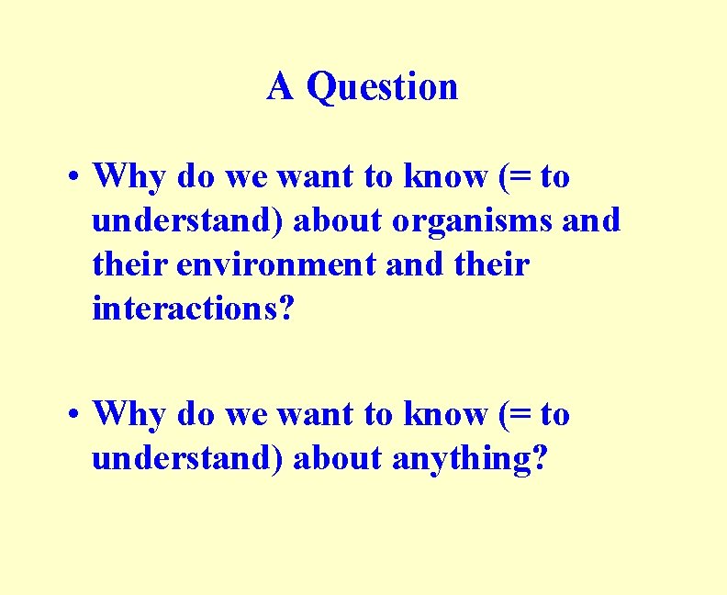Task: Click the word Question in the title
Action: pyautogui.click(x=382, y=88)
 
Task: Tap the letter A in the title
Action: pyautogui.click(x=281, y=87)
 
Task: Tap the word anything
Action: pyautogui.click(x=464, y=458)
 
